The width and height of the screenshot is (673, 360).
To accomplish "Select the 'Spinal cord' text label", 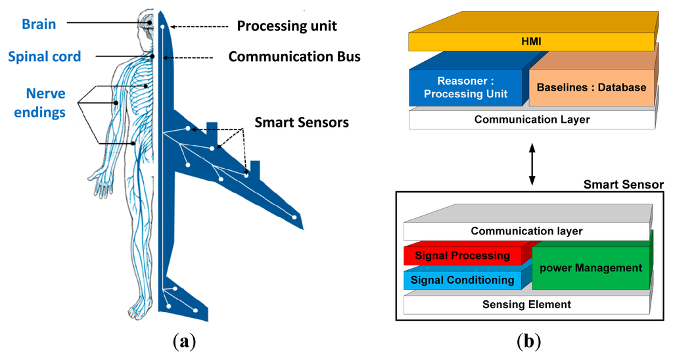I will click(x=45, y=56).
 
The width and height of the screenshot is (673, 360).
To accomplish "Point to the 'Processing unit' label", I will click(x=287, y=26).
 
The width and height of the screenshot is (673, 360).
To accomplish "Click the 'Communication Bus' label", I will click(x=294, y=56).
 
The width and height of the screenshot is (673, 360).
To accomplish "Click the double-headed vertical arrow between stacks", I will click(x=532, y=161).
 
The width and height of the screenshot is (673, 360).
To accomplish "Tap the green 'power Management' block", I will click(x=590, y=267).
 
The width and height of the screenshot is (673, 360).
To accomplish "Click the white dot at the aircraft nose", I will click(x=162, y=26).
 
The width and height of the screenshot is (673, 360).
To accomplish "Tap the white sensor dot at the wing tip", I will click(x=294, y=217).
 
